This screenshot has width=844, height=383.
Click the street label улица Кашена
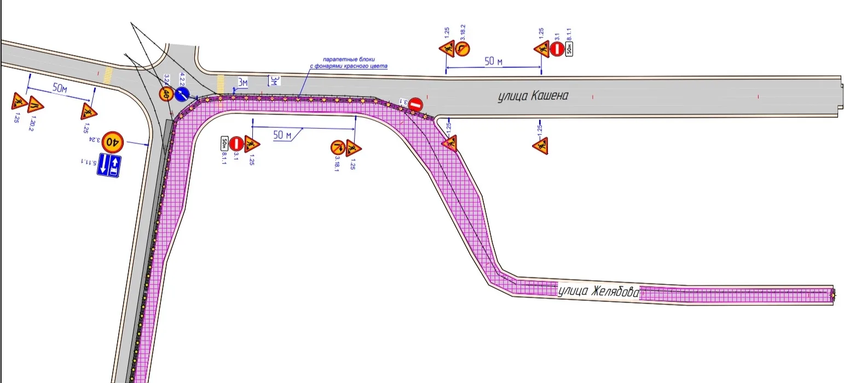pos(533,96)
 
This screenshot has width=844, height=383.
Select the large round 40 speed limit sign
pos(112,141)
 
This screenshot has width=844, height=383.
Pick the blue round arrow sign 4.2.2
pos(183,94)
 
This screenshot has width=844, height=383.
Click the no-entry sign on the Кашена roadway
pos(416,104)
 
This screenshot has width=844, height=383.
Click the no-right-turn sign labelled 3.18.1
pos(337,147)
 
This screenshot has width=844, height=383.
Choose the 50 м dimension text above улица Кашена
pos(493,61)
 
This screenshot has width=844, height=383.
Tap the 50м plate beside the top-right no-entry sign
pos(569,49)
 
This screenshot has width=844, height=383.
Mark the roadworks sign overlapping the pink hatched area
pos(449,145)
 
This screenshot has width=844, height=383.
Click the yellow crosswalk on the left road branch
pos(108,74)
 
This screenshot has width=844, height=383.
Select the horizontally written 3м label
pos(242,83)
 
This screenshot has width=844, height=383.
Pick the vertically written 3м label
pos(275,81)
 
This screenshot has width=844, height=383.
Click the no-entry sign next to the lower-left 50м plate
pos(236,144)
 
